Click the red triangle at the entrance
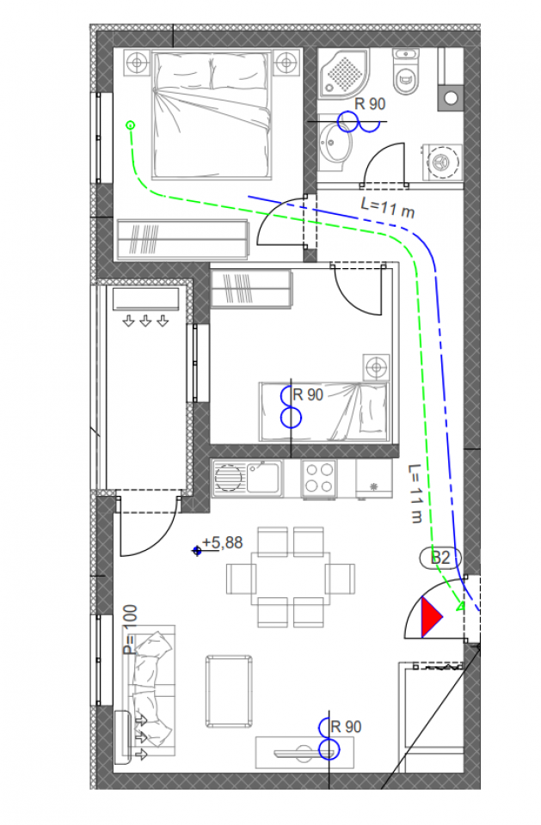tap(430, 617)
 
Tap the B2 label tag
tap(440, 558)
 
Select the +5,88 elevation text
tap(224, 543)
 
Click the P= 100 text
tap(129, 629)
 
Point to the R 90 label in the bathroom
tap(371, 105)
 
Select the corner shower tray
tap(346, 70)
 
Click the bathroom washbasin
tap(334, 144)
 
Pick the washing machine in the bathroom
tap(443, 161)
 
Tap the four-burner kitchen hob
tap(318, 479)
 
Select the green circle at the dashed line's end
tap(130, 125)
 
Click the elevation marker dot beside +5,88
tap(197, 551)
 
